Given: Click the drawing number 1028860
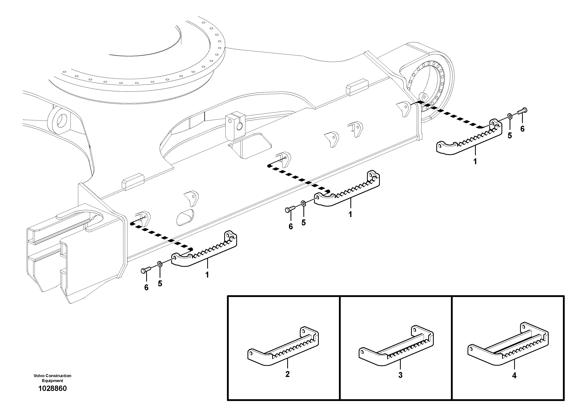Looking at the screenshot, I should [x=52, y=388].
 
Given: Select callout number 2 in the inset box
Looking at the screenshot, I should [x=287, y=374].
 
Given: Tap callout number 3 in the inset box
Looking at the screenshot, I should [x=400, y=375].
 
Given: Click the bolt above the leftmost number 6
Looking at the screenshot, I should [x=145, y=270].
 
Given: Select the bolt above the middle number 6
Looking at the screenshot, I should [x=289, y=210].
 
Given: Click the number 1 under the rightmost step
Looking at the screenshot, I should [x=475, y=162].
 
